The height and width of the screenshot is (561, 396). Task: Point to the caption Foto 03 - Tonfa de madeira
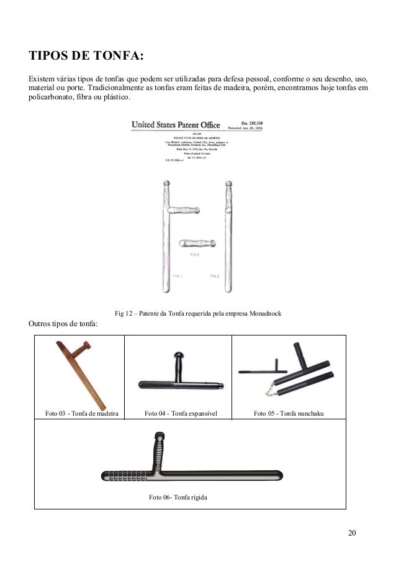pyautogui.click(x=81, y=413)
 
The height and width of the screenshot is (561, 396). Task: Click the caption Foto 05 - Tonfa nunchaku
pyautogui.click(x=289, y=413)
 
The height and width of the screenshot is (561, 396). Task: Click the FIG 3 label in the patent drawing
pyautogui.click(x=194, y=255)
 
